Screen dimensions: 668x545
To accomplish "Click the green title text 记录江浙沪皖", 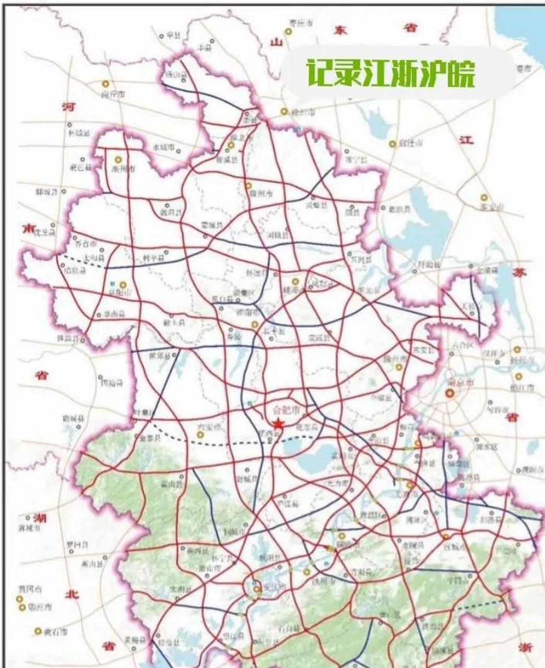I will [x=390, y=74].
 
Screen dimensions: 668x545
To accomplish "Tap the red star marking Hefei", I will [x=278, y=424].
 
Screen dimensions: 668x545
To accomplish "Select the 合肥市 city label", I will [x=287, y=408].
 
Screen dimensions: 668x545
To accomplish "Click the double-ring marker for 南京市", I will [x=450, y=394].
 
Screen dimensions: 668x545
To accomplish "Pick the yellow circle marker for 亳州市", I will [x=118, y=160].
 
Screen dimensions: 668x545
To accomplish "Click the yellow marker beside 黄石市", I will [x=38, y=631].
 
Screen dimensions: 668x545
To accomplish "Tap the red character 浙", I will [x=526, y=647].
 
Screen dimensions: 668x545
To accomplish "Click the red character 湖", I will [x=39, y=518].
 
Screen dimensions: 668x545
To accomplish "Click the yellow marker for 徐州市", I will [x=284, y=111].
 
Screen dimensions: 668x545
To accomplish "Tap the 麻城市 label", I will [x=30, y=527].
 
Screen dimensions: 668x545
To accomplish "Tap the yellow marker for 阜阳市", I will [x=123, y=284].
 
